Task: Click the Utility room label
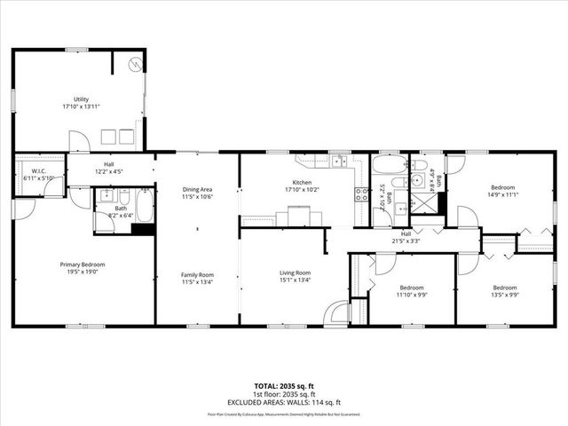click(x=81, y=99)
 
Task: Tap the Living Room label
click(x=295, y=272)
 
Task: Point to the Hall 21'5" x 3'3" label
click(x=405, y=237)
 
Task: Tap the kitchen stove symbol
click(x=362, y=194)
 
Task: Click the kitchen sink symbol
click(x=338, y=162)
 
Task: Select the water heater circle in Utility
click(x=135, y=64)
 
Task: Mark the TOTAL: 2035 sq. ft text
click(x=284, y=386)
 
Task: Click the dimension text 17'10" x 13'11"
click(x=81, y=106)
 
